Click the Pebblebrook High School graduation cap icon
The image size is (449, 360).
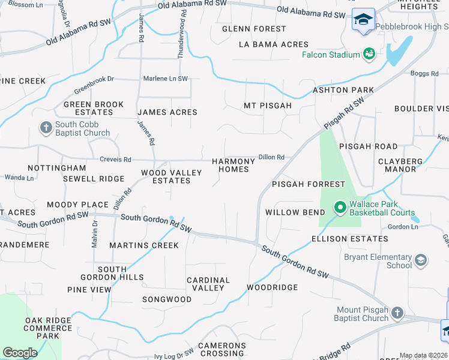(363, 20)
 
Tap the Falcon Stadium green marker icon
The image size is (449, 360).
(369, 55)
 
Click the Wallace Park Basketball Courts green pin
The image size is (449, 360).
(339, 208)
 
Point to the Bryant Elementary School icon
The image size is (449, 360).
(421, 260)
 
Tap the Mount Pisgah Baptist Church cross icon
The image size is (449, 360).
(397, 313)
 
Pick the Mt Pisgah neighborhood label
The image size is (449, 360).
(267, 106)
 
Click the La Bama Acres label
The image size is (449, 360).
(273, 44)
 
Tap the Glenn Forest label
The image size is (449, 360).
(254, 29)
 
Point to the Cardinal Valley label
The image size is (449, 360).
(208, 284)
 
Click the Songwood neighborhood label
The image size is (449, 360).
(167, 299)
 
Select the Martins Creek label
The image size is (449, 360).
(144, 245)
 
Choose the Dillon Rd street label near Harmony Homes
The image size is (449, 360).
(271, 157)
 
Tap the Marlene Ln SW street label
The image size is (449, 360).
(165, 79)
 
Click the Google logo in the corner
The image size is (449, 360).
(20, 353)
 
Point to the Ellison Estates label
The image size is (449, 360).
(349, 239)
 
